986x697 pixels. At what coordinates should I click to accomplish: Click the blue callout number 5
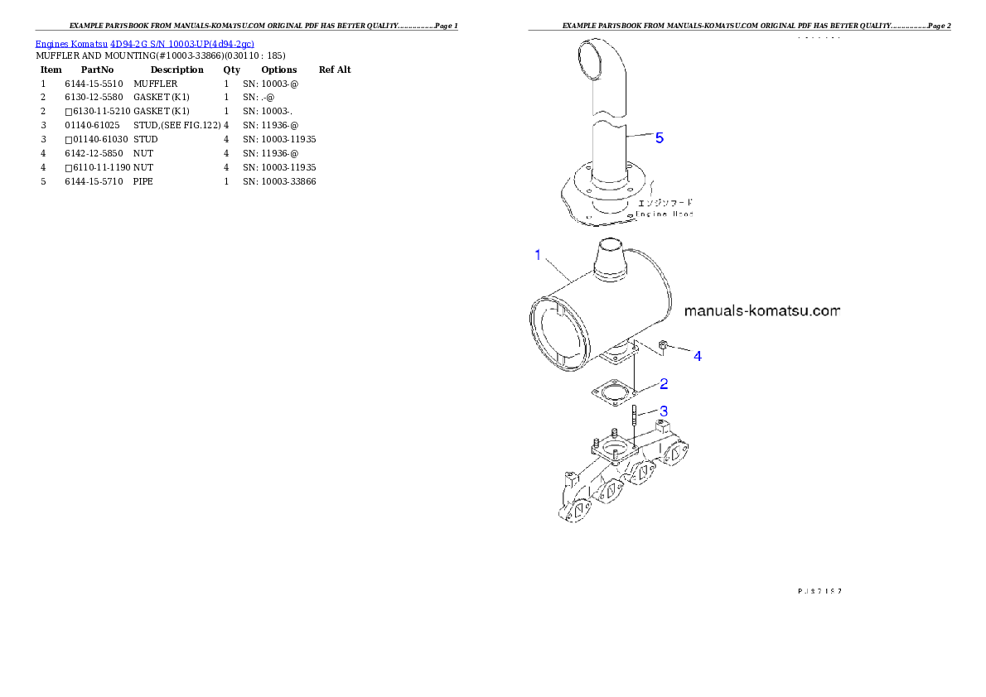660,139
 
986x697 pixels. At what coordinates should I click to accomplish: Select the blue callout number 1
538,255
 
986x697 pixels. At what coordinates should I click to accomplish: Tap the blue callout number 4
698,356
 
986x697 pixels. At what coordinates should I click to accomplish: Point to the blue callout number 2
664,384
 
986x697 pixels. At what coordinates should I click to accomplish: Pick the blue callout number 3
663,411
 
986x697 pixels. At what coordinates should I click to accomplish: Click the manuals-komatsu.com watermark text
762,312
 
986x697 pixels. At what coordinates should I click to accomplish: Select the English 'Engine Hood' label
665,214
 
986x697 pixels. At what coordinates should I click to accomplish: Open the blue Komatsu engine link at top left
144,43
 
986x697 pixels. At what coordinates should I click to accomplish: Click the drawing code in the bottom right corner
819,591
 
